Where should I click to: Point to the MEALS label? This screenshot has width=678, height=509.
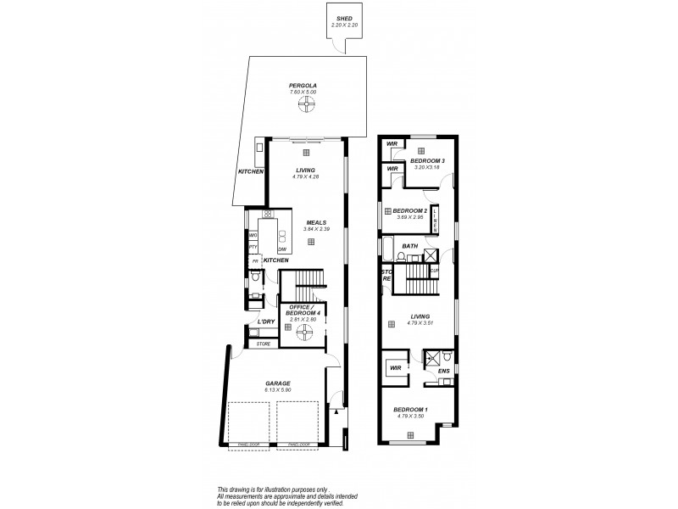pyautogui.click(x=305, y=223)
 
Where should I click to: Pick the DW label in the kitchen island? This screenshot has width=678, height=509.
pyautogui.click(x=281, y=248)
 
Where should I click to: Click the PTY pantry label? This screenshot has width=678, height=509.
pyautogui.click(x=253, y=247)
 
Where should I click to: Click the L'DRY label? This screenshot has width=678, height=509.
pyautogui.click(x=266, y=322)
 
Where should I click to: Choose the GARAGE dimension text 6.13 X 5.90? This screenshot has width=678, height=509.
pyautogui.click(x=278, y=389)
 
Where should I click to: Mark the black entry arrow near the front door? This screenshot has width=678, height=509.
pyautogui.click(x=338, y=413)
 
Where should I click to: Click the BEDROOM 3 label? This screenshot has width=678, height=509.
pyautogui.click(x=428, y=160)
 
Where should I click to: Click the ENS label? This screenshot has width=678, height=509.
pyautogui.click(x=442, y=371)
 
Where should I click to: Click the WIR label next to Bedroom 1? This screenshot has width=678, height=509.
pyautogui.click(x=394, y=368)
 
